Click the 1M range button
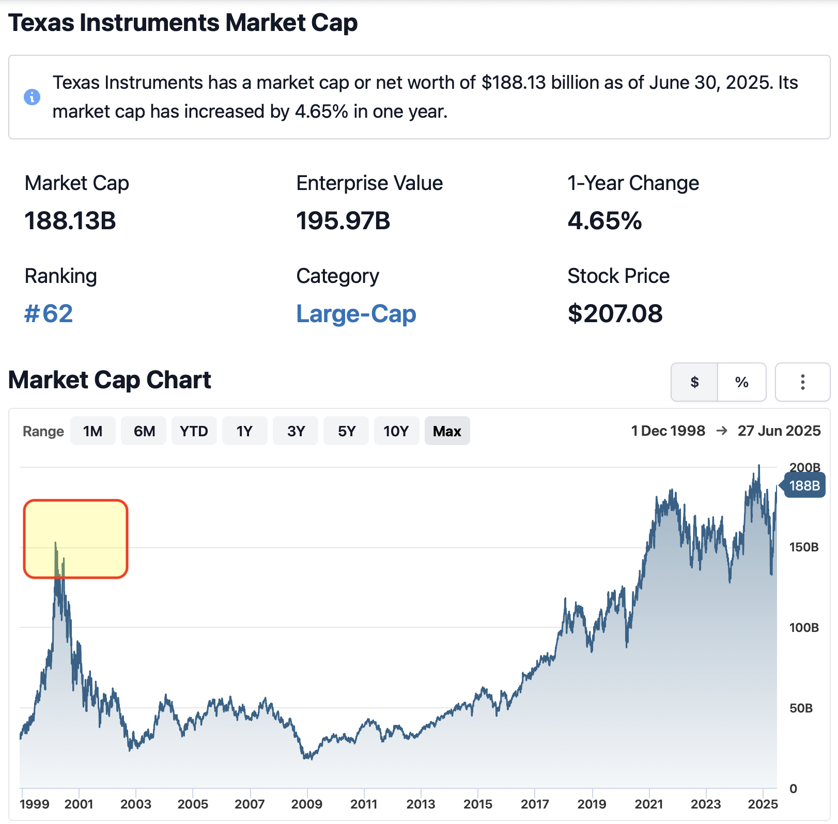tap(93, 431)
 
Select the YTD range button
tap(194, 431)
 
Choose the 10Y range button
tap(396, 431)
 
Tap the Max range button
tap(447, 431)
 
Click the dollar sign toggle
tap(694, 382)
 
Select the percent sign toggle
tap(742, 382)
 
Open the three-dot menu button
tap(802, 382)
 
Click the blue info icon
tap(32, 97)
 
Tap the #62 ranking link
tap(49, 314)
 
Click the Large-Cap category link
tap(356, 314)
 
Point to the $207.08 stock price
tap(615, 314)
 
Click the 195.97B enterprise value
tap(343, 221)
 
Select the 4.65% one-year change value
tap(604, 221)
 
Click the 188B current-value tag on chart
tap(804, 486)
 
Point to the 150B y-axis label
tap(803, 547)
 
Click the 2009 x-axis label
tap(307, 804)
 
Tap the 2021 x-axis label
tap(649, 804)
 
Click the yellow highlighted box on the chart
tap(75, 538)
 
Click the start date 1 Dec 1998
tap(668, 431)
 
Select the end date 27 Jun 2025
tap(779, 431)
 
